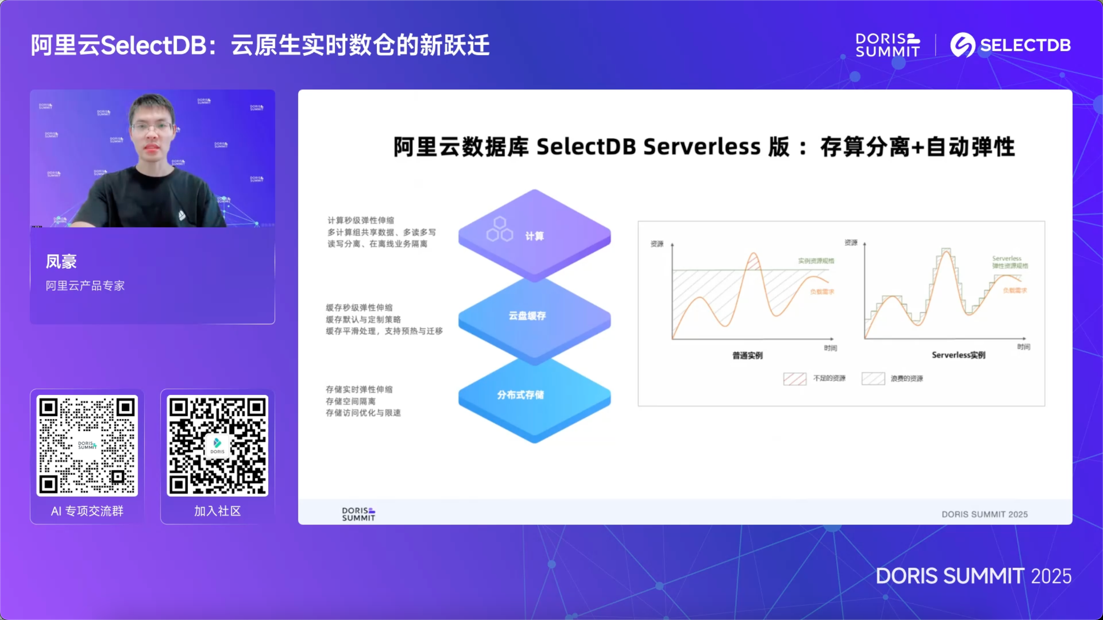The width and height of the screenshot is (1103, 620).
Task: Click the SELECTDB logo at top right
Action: click(1011, 45)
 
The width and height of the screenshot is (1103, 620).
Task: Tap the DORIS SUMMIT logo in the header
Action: click(887, 45)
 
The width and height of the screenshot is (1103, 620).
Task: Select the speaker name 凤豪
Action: click(61, 261)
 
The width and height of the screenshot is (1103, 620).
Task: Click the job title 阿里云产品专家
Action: click(85, 286)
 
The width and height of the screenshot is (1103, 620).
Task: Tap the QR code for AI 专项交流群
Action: click(87, 445)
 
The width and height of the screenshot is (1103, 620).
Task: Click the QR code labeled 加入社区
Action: click(218, 445)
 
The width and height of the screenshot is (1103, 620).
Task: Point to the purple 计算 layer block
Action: click(535, 236)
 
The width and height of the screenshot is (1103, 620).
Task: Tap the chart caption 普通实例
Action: click(747, 355)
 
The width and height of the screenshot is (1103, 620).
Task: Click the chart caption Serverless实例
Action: click(958, 355)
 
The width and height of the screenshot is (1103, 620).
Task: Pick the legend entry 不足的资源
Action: click(829, 378)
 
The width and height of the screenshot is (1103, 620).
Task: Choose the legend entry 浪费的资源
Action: click(907, 379)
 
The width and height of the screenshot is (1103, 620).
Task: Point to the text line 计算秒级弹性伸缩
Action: click(360, 220)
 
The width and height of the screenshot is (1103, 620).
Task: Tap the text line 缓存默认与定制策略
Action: click(363, 319)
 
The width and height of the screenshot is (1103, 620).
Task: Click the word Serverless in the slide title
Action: click(701, 147)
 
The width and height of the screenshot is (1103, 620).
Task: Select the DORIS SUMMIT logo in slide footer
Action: click(359, 514)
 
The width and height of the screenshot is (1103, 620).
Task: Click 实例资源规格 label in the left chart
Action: click(816, 261)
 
